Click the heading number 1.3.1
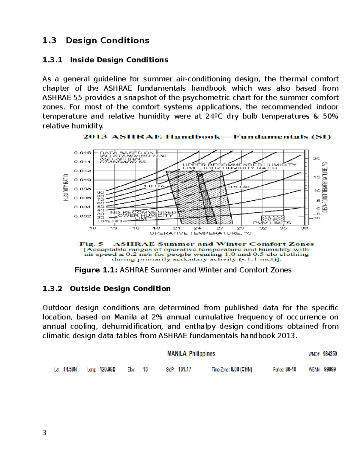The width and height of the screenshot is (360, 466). tap(52, 60)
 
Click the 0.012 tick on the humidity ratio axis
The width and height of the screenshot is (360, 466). tap(82, 171)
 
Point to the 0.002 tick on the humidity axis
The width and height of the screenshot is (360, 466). tap(82, 216)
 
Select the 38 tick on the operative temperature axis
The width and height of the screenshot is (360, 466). tap(304, 228)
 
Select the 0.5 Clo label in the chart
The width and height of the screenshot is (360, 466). tap(239, 187)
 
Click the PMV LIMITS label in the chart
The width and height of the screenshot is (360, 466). tap(272, 223)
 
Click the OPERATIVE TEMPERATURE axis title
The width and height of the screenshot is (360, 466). tap(201, 233)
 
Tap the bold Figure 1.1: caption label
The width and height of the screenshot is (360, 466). tap(96, 270)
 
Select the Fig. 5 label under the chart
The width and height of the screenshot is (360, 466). tap(91, 244)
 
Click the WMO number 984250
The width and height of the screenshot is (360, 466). tap(330, 354)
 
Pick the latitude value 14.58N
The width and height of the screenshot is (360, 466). tap(70, 370)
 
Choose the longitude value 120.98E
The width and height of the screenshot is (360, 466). tap(107, 370)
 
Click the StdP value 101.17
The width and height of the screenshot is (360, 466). tap(184, 370)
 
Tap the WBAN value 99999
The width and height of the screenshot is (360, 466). tap(330, 370)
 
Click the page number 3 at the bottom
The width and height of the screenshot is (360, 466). tap(44, 433)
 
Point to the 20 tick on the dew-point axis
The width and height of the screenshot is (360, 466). tap(317, 158)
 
